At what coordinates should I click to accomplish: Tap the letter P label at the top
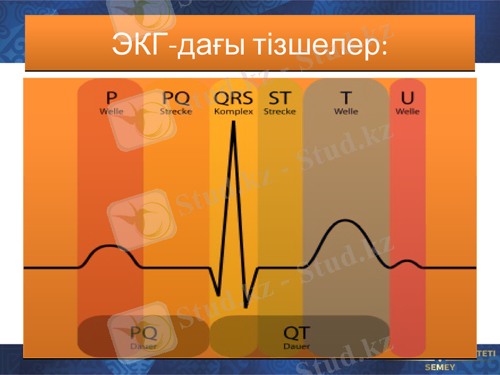point(111,98)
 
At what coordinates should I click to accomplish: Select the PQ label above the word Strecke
point(176,98)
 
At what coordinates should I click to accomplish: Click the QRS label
point(233,98)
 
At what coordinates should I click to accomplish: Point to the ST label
point(279,98)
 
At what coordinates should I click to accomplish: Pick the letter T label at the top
point(346,98)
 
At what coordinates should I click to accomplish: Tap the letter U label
point(407,98)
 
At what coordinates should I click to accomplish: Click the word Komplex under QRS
point(233,112)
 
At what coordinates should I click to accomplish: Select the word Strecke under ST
point(279,112)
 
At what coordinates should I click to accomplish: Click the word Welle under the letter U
point(407,112)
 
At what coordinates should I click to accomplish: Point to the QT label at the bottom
point(296,332)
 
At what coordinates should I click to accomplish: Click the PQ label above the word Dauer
point(144,332)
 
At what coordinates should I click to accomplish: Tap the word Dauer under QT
point(296,346)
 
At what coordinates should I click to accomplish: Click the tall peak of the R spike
point(233,122)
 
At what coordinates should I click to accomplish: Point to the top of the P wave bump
point(110,246)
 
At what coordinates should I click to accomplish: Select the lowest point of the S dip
point(247,306)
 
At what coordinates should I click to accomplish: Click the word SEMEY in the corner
point(440,366)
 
